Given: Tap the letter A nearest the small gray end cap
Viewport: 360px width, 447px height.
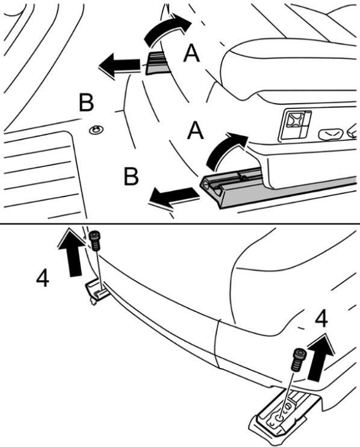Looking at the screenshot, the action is pyautogui.click(x=191, y=54).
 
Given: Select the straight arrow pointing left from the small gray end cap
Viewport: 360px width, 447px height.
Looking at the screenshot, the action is pyautogui.click(x=120, y=65).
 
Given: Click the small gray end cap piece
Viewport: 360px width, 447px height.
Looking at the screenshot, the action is pyautogui.click(x=156, y=64).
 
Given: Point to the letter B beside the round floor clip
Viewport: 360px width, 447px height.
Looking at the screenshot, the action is pyautogui.click(x=86, y=103).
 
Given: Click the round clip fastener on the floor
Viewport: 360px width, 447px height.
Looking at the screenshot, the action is pyautogui.click(x=96, y=131).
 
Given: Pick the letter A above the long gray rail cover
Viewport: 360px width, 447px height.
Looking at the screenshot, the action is pyautogui.click(x=196, y=130).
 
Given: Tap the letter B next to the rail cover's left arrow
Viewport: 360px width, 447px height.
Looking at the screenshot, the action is pyautogui.click(x=131, y=177).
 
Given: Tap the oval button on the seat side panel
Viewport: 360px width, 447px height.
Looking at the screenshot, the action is pyautogui.click(x=331, y=134).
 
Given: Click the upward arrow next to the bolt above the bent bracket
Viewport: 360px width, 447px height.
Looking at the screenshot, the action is pyautogui.click(x=71, y=252).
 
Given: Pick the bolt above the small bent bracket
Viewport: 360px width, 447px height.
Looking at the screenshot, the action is pyautogui.click(x=95, y=240).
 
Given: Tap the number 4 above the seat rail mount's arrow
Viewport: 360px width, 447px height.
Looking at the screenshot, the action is pyautogui.click(x=321, y=320).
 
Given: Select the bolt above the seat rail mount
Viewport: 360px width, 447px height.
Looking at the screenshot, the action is pyautogui.click(x=299, y=360).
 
